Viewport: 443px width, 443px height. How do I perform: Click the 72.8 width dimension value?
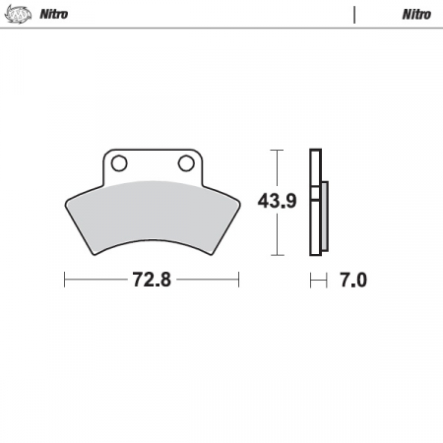[x=152, y=280]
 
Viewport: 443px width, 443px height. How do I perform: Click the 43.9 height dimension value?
[x=278, y=201]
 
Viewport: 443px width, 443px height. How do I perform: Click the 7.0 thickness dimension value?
[x=353, y=281]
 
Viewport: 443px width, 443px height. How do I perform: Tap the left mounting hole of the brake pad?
[x=119, y=163]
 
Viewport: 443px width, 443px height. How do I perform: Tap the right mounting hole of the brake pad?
[x=186, y=163]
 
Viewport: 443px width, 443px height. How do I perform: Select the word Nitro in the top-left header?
[x=54, y=14]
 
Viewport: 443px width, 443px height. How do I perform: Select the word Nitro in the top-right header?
[x=416, y=15]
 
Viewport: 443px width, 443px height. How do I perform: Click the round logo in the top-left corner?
[x=19, y=14]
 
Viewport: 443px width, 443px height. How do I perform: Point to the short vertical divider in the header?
[x=354, y=15]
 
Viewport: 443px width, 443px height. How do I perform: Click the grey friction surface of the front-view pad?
[x=153, y=215]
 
